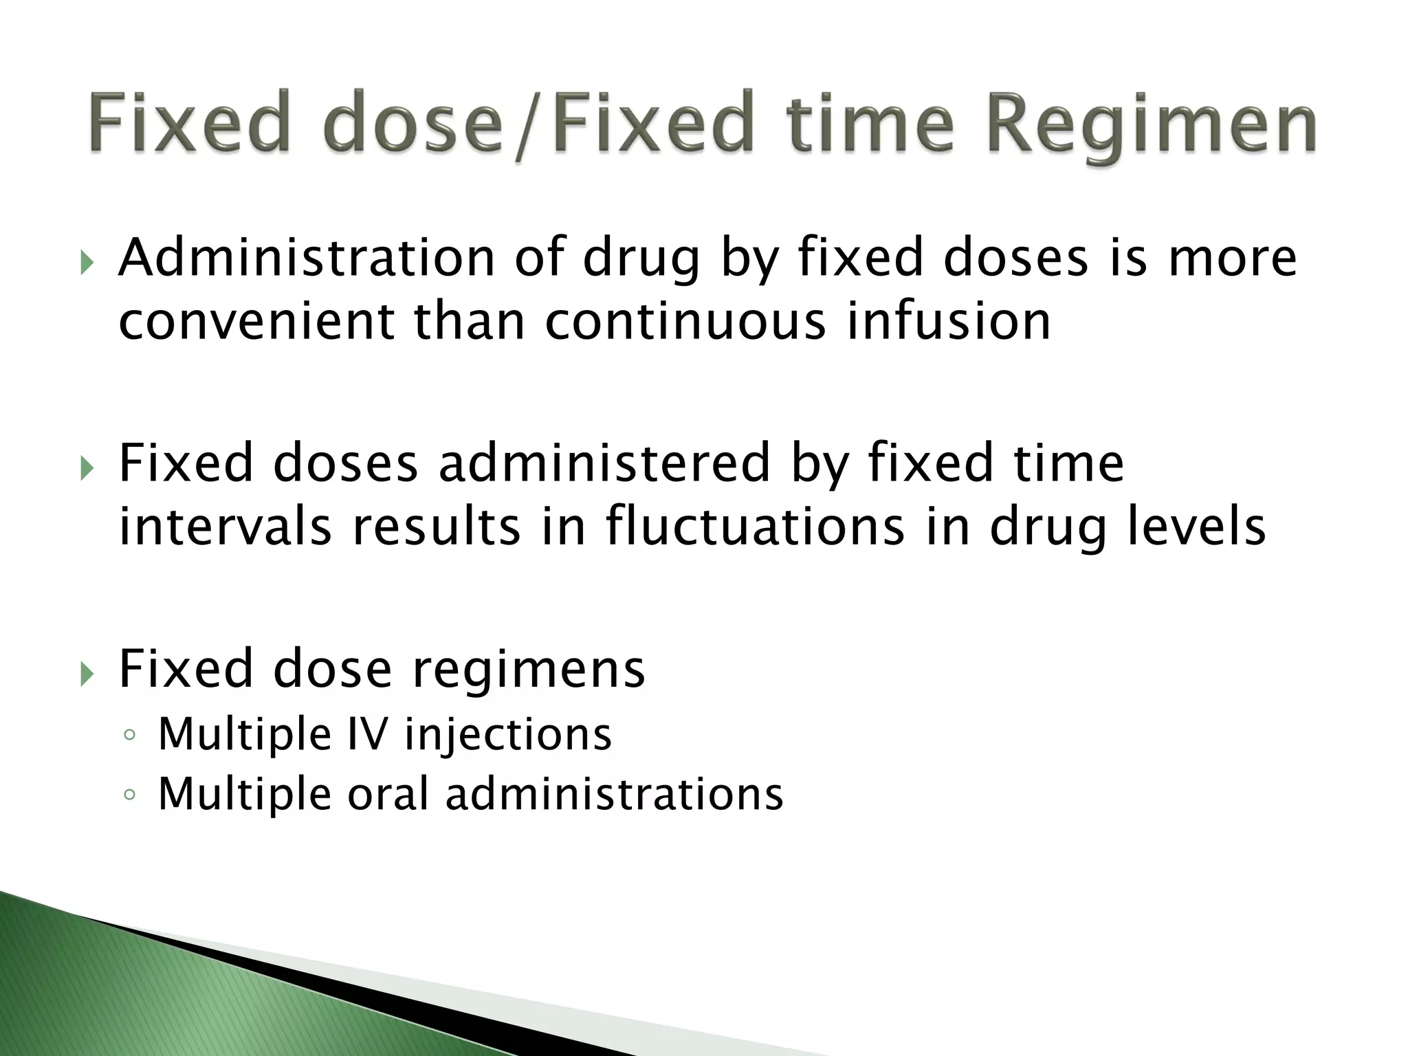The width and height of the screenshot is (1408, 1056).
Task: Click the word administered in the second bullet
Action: tap(604, 463)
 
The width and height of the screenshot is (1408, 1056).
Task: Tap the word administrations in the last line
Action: tap(614, 794)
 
